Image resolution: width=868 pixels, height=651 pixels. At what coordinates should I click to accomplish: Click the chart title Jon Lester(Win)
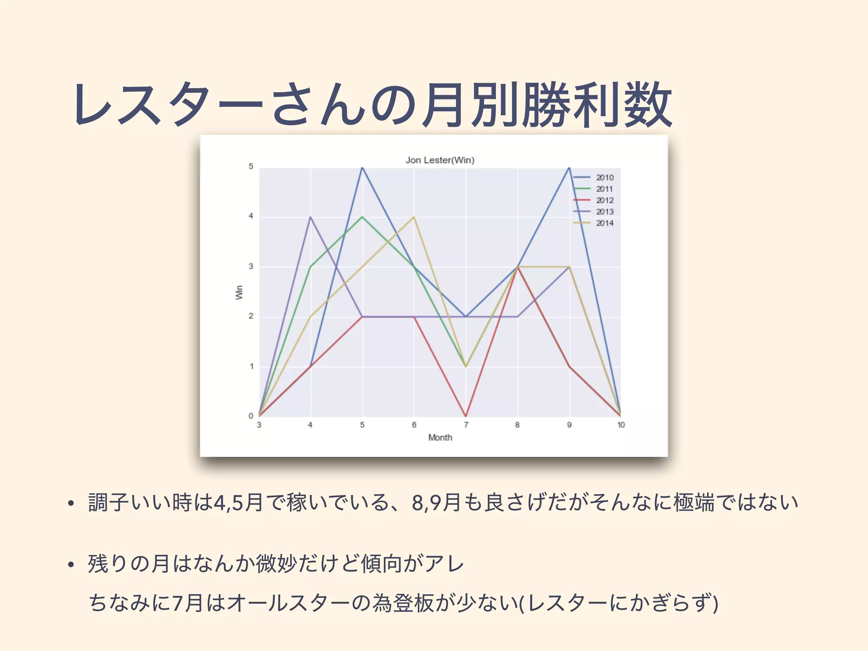coord(440,160)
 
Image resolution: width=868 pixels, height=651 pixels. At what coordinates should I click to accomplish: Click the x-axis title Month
coord(440,437)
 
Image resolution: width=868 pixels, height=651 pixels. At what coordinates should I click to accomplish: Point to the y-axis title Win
coord(239,292)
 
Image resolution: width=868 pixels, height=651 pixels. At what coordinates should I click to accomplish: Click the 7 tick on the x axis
coord(466,425)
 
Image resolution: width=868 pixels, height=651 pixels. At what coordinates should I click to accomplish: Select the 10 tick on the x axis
coord(620,425)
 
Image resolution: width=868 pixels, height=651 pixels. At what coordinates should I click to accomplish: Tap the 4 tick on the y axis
coord(251,216)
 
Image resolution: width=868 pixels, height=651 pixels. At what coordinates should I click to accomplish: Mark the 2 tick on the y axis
coord(251,316)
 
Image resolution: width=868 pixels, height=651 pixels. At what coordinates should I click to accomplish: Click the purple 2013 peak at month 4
coord(311,217)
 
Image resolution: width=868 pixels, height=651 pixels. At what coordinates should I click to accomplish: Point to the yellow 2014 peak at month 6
coord(414,217)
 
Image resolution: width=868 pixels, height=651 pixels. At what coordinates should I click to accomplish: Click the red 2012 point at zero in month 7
coord(466,416)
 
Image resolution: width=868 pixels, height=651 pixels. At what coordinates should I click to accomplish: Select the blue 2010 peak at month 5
coord(362,168)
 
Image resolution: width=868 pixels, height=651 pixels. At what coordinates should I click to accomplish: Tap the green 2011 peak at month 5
coord(362,217)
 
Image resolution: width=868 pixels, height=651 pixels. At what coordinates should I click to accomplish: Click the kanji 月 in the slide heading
coord(442,105)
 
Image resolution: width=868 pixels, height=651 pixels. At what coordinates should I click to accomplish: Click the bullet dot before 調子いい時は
coord(71,504)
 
